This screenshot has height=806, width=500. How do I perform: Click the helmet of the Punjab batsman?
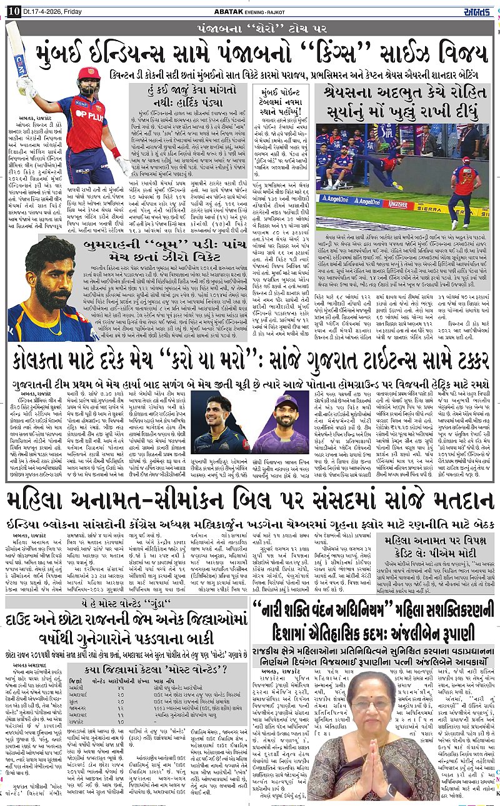[x=88, y=78]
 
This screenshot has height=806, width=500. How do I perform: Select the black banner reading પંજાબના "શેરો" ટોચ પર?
[x=249, y=29]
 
